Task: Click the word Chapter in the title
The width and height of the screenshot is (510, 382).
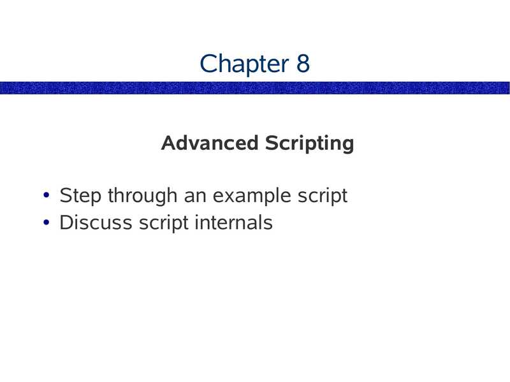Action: [x=244, y=64]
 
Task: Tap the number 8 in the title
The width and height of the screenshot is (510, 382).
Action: [x=303, y=63]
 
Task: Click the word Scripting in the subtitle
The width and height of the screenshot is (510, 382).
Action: [x=309, y=143]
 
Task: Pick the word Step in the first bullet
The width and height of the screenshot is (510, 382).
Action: [x=80, y=196]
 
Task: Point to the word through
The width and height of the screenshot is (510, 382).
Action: [x=143, y=196]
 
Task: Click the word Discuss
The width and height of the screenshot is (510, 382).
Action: [x=96, y=223]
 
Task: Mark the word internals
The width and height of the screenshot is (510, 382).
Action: [x=233, y=223]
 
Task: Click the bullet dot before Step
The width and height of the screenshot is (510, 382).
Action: [x=46, y=195]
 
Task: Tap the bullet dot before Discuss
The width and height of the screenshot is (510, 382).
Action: [x=46, y=223]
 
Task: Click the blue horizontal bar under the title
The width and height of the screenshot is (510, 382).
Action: [x=254, y=88]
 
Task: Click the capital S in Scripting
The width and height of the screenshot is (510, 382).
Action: [x=272, y=143]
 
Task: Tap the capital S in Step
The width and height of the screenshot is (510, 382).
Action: [x=66, y=195]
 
